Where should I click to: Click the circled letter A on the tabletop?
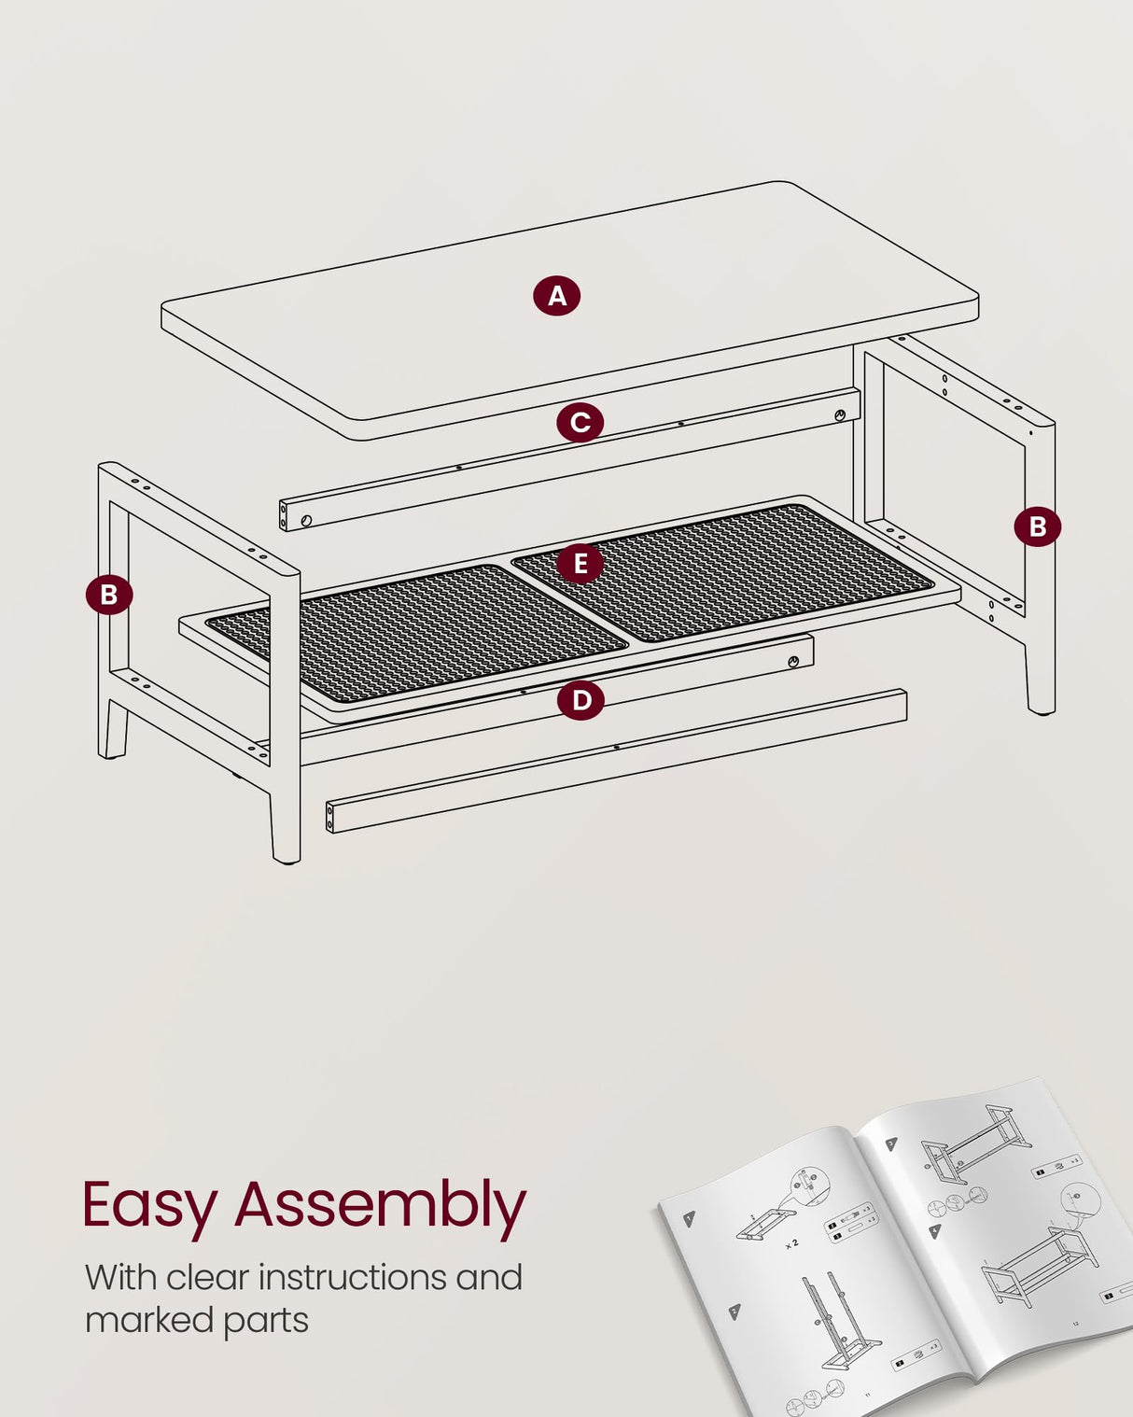point(557,296)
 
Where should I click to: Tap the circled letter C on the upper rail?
point(580,422)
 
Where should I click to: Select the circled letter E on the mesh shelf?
point(580,564)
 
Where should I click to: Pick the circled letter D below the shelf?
point(580,699)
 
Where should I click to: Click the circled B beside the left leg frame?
point(109,595)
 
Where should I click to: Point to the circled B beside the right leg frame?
point(1037,526)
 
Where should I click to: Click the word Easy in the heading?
point(149,1206)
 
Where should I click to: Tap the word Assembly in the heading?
point(380,1206)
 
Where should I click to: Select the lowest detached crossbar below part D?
point(616,761)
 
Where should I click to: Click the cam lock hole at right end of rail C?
point(840,414)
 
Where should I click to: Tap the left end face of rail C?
point(284,515)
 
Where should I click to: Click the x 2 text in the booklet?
point(791,1243)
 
